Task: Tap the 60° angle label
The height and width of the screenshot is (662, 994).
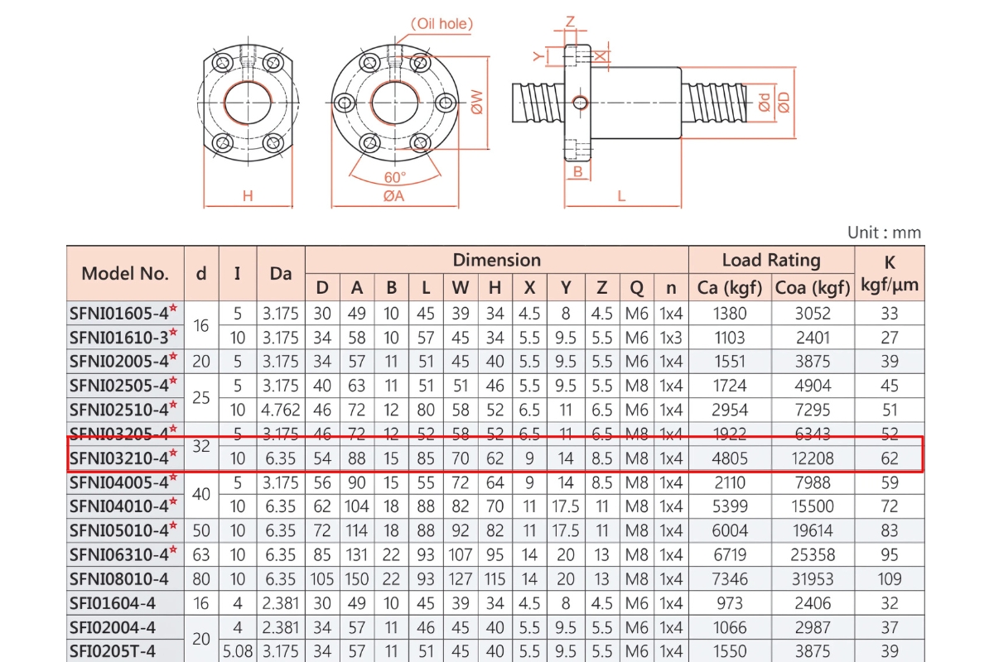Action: tap(395, 177)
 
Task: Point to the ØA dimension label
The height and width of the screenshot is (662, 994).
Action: tap(393, 196)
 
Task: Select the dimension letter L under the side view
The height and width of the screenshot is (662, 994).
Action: tap(621, 196)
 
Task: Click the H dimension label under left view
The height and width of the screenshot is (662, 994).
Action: tap(247, 196)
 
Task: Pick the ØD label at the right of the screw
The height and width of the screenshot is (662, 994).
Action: tap(784, 102)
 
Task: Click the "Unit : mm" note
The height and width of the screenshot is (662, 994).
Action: tap(884, 233)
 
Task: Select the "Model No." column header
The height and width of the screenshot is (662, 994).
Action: tap(125, 273)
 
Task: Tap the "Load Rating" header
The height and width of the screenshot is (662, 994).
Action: tap(770, 260)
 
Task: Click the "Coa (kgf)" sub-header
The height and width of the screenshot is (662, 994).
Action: tap(813, 287)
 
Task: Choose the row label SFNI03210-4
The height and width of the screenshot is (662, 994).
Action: tap(123, 458)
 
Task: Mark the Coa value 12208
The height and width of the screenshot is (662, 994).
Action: tap(813, 458)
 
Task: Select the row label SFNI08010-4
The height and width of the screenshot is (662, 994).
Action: tap(119, 579)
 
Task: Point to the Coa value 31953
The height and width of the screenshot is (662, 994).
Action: tap(813, 579)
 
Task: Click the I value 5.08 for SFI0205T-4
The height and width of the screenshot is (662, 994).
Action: tap(237, 651)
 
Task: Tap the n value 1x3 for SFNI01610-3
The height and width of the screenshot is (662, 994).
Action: tap(671, 338)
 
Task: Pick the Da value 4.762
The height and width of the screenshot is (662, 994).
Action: tap(281, 410)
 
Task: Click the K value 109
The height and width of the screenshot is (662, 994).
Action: tap(890, 579)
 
